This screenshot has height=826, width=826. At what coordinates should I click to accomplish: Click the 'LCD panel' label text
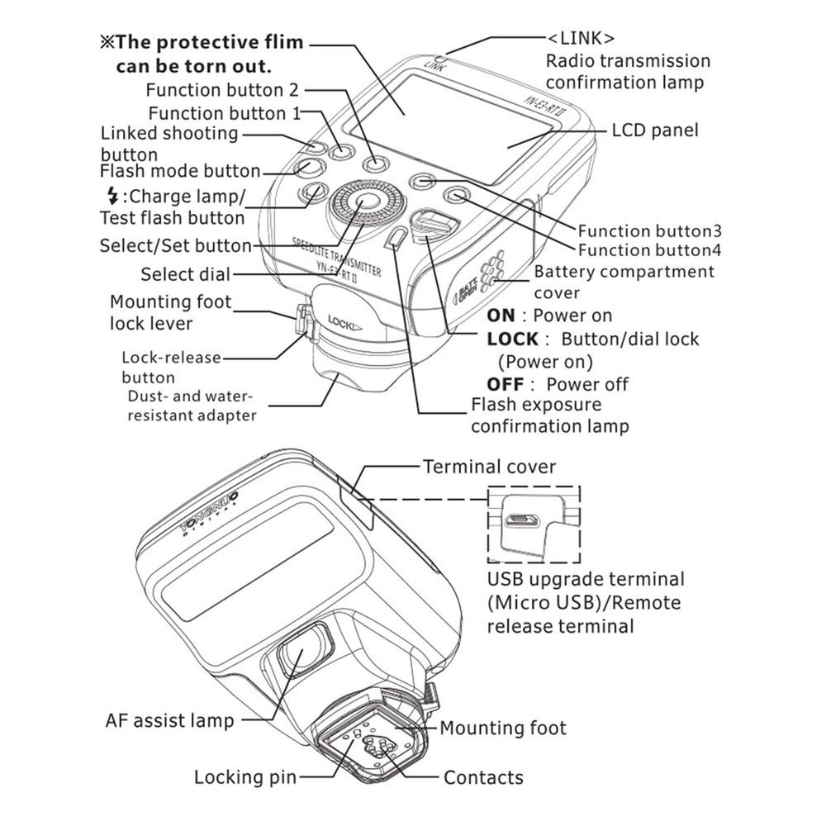(654, 131)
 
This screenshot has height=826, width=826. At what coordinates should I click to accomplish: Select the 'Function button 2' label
(221, 89)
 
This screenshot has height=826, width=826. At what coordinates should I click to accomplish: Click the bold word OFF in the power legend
(505, 384)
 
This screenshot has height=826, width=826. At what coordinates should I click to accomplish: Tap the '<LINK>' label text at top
(582, 39)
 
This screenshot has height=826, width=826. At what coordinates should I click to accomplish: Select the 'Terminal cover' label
(489, 467)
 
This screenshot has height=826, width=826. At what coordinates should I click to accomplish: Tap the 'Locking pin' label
(244, 777)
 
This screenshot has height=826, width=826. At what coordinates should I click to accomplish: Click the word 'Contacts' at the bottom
(483, 777)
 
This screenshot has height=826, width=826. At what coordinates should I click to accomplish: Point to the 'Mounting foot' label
(502, 728)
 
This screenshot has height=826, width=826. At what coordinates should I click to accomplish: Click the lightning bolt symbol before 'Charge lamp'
(112, 197)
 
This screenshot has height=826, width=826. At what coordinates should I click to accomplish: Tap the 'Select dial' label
(185, 274)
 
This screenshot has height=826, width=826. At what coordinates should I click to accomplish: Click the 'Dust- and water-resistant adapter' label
(191, 406)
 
